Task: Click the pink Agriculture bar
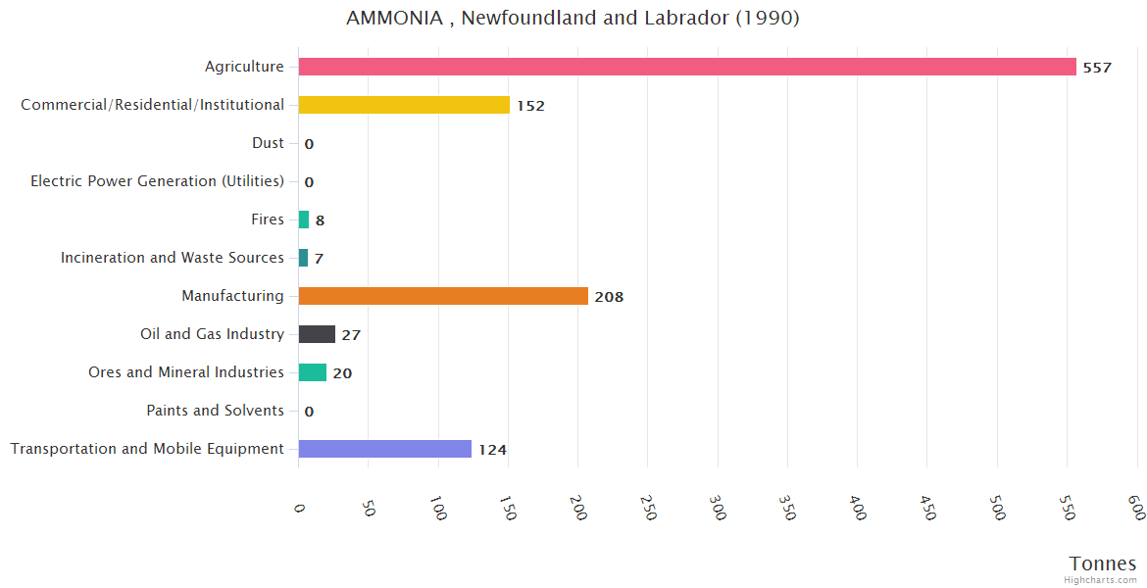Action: pos(686,67)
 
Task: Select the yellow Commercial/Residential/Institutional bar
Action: pos(404,105)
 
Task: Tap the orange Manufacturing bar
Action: pos(443,296)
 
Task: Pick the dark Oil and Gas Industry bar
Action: pos(317,334)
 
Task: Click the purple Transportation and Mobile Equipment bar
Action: pos(384,449)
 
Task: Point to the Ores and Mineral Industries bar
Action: pos(313,372)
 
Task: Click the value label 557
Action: pos(1097,68)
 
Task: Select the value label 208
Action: pos(609,297)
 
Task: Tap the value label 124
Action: pos(492,450)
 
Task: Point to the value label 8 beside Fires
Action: pos(320,220)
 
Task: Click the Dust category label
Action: pos(268,143)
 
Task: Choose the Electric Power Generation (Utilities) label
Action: pos(157,181)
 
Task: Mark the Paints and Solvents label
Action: pos(215,411)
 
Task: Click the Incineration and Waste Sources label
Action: pos(172,258)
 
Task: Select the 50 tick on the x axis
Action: pos(369,508)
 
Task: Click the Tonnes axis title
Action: pos(1102,563)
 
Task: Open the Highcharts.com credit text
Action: pos(1101,580)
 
